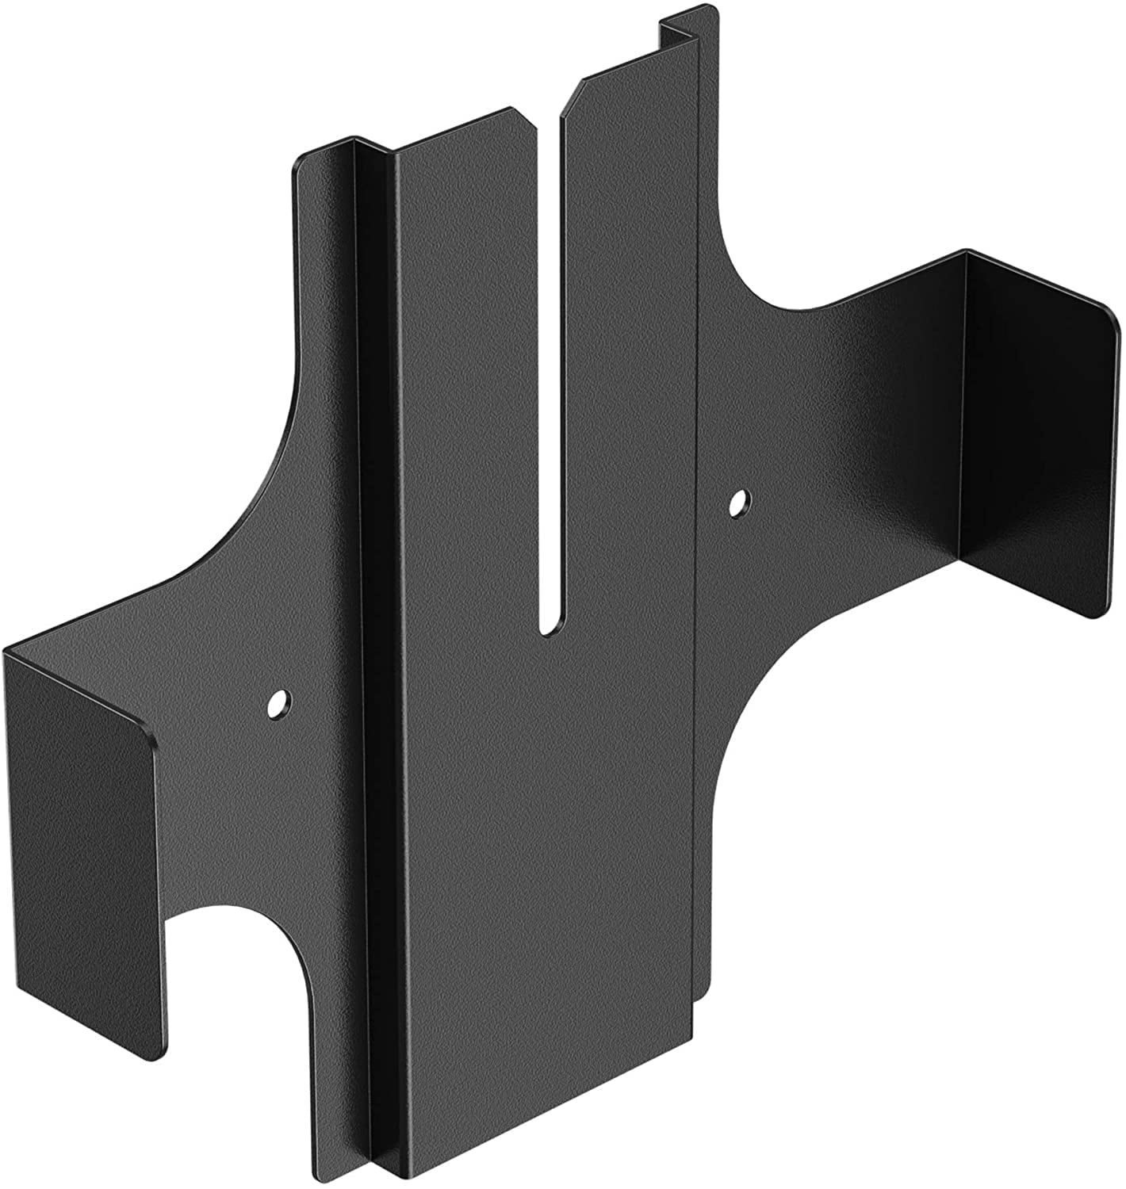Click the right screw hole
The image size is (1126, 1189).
[x=739, y=502]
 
